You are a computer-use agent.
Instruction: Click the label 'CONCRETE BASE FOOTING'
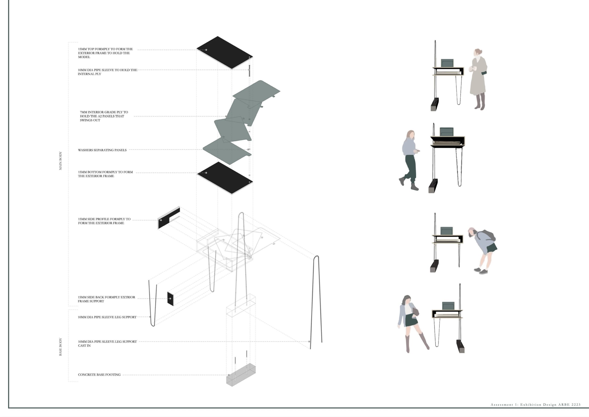click(x=99, y=375)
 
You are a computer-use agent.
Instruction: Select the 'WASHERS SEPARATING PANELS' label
click(x=102, y=150)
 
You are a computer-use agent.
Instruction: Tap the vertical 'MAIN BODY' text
click(x=61, y=161)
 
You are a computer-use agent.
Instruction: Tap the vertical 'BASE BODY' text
click(x=61, y=347)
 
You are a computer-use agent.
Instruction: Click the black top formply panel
click(x=225, y=53)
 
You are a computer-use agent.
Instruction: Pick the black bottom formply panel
click(x=225, y=178)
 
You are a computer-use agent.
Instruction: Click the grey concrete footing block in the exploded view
click(x=241, y=375)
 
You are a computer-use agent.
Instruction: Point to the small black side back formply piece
click(x=170, y=299)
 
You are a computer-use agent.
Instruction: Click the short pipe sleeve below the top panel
click(x=249, y=71)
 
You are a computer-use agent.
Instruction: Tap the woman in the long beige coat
click(x=478, y=79)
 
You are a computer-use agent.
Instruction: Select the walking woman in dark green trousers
click(x=410, y=160)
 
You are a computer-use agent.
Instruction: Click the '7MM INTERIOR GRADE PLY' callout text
click(x=104, y=116)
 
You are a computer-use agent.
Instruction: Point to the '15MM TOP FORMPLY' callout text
click(x=105, y=53)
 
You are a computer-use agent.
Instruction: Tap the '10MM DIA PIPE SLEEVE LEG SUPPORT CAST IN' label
click(x=107, y=344)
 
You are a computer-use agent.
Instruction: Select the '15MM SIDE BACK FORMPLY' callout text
click(x=107, y=299)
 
